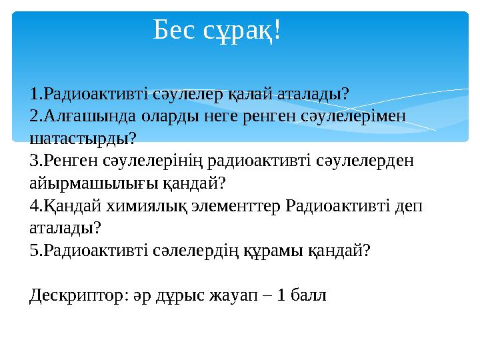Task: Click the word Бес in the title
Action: (x=174, y=29)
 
